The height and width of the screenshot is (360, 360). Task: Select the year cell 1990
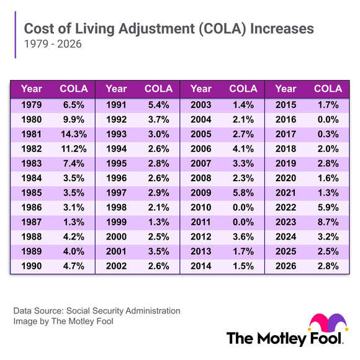tap(32, 266)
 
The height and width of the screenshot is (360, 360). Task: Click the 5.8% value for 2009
tap(243, 192)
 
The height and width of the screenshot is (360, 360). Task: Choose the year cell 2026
tap(286, 266)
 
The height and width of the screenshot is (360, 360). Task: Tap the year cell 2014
tap(201, 266)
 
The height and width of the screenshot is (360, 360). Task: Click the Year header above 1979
tap(32, 88)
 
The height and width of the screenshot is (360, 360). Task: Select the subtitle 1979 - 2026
tap(52, 45)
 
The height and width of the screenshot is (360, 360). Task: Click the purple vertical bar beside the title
tap(15, 37)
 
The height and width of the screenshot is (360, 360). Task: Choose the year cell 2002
tap(117, 266)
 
